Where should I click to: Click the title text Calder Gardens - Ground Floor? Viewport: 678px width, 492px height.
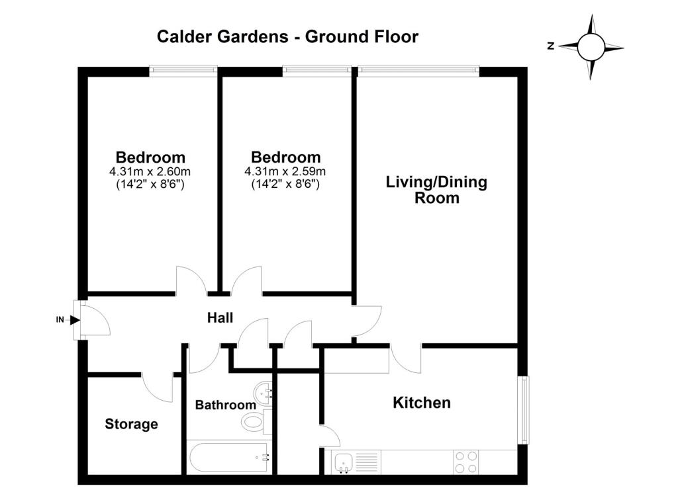287,37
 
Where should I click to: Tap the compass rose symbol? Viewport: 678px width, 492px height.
591,47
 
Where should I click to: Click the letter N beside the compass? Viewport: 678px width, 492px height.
550,46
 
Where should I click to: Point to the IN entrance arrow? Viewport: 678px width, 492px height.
74,320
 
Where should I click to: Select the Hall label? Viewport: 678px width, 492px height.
220,318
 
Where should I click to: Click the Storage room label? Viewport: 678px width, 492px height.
132,424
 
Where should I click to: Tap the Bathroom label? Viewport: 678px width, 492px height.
225,405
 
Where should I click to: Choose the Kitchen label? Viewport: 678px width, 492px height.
422,403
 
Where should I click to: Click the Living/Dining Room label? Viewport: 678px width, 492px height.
437,190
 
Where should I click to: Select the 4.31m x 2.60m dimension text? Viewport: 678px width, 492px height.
150,171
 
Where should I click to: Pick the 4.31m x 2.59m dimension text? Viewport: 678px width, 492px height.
285,171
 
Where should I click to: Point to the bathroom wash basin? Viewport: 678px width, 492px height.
263,393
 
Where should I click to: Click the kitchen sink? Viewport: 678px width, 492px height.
344,462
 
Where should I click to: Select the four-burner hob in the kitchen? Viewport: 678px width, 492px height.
467,462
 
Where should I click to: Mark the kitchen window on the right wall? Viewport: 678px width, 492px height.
524,410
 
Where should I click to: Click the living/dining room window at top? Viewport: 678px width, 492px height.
418,69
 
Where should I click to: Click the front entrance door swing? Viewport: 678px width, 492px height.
96,319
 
